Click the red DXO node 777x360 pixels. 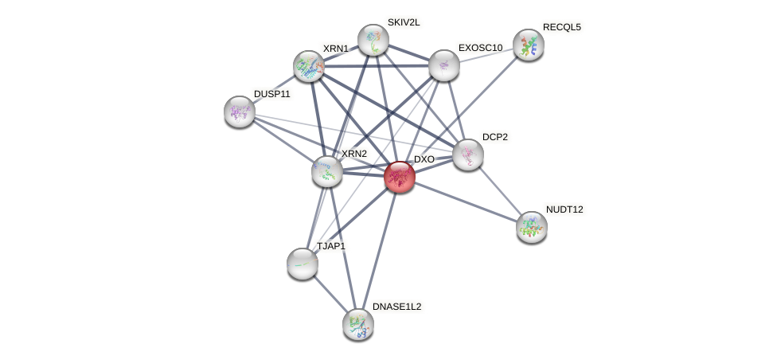point(399,177)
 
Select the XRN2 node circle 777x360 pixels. point(326,171)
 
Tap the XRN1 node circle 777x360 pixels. point(308,66)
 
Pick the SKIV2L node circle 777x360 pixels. point(373,40)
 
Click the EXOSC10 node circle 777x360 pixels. point(443,65)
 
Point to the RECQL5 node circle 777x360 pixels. point(528,45)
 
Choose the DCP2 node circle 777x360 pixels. point(467,155)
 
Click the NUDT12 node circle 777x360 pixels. point(531,227)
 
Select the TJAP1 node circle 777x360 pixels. point(303,264)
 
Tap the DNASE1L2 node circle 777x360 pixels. point(357,324)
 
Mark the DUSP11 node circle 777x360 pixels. point(239,112)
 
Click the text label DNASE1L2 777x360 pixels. point(396,307)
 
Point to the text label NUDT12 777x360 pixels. point(564,209)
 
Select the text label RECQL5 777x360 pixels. point(561,27)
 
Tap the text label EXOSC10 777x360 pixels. point(480,48)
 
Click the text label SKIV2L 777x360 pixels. point(403,22)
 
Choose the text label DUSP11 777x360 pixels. point(272,94)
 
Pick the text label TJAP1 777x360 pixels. point(331,246)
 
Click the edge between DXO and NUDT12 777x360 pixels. point(465,202)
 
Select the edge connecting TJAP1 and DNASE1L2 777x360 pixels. point(330,294)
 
